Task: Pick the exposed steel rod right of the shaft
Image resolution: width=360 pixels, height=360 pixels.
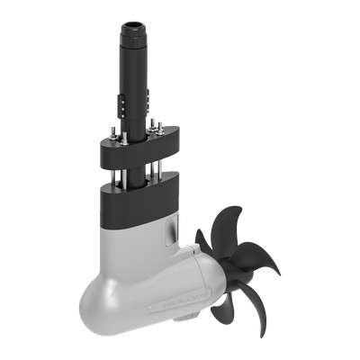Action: point(160,162)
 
